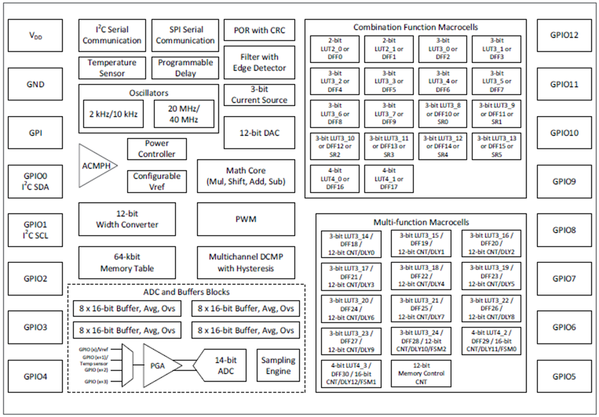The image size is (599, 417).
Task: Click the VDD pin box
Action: click(x=35, y=36)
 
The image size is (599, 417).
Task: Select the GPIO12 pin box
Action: click(x=564, y=36)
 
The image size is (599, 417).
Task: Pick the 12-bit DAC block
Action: click(x=259, y=132)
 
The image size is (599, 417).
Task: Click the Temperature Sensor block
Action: click(x=112, y=68)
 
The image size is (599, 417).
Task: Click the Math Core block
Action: click(x=246, y=176)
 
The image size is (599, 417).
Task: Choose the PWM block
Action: click(x=246, y=219)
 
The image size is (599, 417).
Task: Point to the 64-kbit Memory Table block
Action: click(x=127, y=263)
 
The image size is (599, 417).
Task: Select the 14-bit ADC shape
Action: click(x=223, y=365)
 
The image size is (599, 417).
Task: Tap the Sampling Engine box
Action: click(x=278, y=366)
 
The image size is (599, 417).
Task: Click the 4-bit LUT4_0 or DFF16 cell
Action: click(x=335, y=179)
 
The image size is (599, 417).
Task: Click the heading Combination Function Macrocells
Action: click(x=415, y=27)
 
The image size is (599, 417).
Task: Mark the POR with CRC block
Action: click(x=259, y=30)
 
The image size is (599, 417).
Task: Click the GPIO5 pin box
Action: click(x=564, y=376)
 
